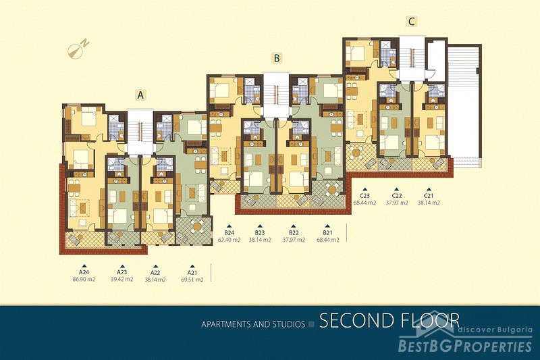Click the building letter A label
[x=140, y=95]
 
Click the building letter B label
[x=277, y=58]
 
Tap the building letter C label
[x=411, y=22]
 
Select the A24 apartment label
[x=84, y=272]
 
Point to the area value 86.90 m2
[x=84, y=279]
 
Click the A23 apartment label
[x=122, y=272]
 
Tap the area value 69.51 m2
[x=192, y=280]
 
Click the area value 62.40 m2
[x=229, y=240]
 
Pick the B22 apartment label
[x=294, y=232]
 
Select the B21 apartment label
[x=327, y=232]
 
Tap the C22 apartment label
[x=396, y=196]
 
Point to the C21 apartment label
[x=429, y=196]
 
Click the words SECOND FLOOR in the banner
[x=389, y=320]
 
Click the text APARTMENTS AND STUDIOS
[x=253, y=324]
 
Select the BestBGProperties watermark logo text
[x=465, y=346]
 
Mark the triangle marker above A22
[x=155, y=266]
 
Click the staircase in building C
[x=412, y=59]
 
